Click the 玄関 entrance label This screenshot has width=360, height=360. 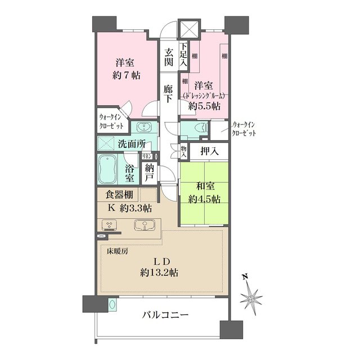[168, 58]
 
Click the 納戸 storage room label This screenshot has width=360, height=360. [148, 173]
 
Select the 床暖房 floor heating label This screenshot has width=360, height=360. [117, 251]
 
